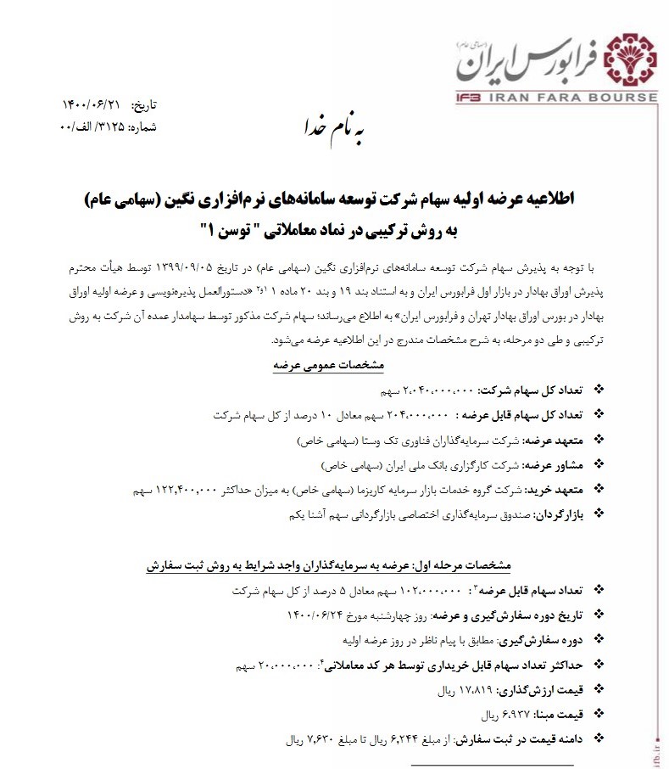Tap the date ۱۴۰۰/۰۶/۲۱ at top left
91,105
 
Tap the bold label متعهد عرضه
551,441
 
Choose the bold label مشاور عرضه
551,465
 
